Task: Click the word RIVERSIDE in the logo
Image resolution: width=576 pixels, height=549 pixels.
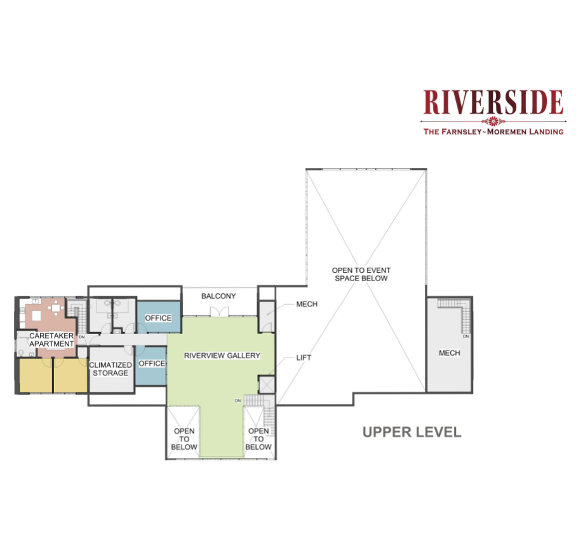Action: pos(493,102)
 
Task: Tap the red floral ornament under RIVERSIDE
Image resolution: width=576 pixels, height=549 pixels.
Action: pos(493,121)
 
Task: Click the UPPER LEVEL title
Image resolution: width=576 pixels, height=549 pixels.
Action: pos(412,432)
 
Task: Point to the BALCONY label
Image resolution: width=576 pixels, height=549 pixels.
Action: pos(218,296)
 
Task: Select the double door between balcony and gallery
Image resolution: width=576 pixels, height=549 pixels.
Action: pos(219,311)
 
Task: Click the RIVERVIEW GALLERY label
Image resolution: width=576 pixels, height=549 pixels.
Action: pos(222,356)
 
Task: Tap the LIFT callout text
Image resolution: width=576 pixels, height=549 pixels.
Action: pos(304,358)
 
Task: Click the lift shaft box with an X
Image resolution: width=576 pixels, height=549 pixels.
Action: pos(267,384)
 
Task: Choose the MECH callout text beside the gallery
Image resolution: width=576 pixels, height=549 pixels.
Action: pos(307,304)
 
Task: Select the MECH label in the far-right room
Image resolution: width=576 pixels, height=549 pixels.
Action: pos(450,353)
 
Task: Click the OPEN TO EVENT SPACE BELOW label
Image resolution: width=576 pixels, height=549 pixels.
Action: pos(361,274)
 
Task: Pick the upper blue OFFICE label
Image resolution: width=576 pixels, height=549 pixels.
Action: pos(158,318)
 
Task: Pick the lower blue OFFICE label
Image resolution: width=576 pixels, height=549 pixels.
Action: pos(152,363)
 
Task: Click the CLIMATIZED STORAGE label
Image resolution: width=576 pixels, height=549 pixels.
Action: pos(111,369)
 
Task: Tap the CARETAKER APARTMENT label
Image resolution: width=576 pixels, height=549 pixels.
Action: pos(51,340)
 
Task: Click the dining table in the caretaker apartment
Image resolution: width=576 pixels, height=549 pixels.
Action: pos(55,307)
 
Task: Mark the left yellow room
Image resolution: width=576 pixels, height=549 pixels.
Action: pos(36,375)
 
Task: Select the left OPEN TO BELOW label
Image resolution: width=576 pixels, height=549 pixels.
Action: pos(184,438)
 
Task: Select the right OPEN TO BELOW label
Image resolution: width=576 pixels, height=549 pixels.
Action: pos(258,438)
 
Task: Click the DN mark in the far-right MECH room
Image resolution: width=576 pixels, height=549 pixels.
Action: pos(465,337)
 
